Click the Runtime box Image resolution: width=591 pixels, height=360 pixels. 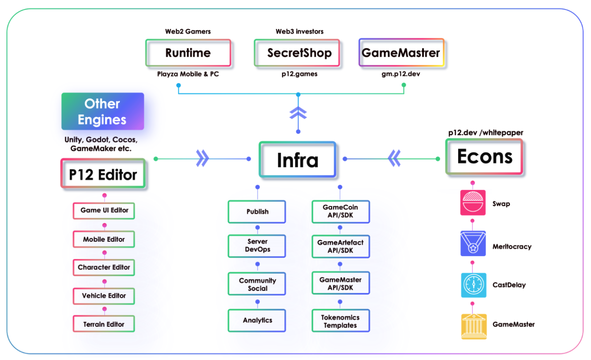pos(188,53)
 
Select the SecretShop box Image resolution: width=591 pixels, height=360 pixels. pos(299,53)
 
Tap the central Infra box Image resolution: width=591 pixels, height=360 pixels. pos(298,160)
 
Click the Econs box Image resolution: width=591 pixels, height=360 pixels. pos(484,157)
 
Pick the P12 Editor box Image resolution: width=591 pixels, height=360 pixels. pos(103,174)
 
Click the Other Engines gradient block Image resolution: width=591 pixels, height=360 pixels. pos(103,111)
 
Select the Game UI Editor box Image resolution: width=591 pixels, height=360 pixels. pos(104,211)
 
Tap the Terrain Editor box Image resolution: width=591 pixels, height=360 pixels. pos(104,324)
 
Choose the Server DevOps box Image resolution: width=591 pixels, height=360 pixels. pos(257,246)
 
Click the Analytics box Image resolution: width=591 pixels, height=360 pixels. pos(257,320)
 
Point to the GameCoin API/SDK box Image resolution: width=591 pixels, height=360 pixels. pos(340,211)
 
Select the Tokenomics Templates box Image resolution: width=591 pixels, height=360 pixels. pos(340,321)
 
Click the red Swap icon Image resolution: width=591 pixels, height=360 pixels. pos(473,202)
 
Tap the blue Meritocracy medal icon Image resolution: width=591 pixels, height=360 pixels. pos(473,244)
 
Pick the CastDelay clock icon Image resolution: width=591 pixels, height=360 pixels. pos(473,285)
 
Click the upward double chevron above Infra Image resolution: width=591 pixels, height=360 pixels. pos(298,113)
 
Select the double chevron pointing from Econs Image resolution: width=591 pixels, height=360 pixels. pos(394,158)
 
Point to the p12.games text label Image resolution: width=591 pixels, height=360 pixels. pos(299,74)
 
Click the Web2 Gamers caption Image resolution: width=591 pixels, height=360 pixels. pos(188,31)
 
